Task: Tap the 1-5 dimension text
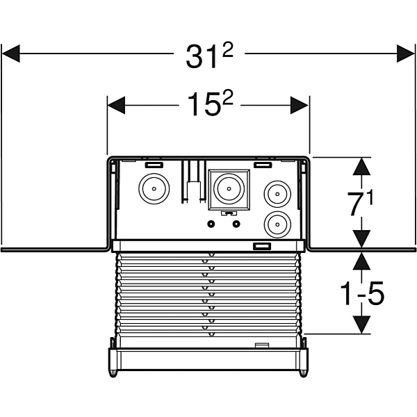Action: point(361,295)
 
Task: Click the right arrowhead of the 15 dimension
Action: point(300,105)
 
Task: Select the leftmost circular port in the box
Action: point(152,187)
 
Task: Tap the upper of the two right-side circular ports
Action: point(277,193)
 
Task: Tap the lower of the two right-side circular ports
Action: point(277,224)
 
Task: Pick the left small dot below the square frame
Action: point(211,224)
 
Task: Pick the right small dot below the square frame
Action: point(237,224)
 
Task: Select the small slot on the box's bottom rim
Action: point(261,245)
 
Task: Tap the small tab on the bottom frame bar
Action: point(263,345)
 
